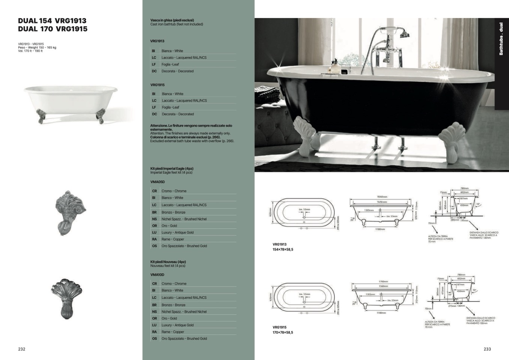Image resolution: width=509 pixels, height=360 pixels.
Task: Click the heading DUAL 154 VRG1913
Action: [x=52, y=21]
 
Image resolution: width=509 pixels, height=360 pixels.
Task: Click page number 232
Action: [x=22, y=349]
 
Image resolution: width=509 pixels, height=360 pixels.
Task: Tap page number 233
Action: [x=487, y=349]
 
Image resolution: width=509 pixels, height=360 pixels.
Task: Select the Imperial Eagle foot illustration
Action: [x=70, y=212]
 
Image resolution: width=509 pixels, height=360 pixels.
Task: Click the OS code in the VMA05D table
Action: [x=154, y=246]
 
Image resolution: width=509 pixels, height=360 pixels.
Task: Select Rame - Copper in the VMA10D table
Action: [x=173, y=332]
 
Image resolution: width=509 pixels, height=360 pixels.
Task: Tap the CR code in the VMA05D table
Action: [x=154, y=191]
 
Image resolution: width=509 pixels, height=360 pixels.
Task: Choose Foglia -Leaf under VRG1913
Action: [x=170, y=65]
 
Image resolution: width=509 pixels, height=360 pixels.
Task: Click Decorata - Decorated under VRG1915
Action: [x=178, y=114]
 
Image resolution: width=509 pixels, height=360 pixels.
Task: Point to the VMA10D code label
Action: [x=157, y=275]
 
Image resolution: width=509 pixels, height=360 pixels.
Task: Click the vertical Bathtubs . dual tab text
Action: [x=501, y=39]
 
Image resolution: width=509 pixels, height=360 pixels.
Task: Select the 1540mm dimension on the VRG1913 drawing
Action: [x=382, y=197]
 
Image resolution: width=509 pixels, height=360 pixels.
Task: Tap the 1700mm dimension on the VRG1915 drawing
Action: [x=383, y=282]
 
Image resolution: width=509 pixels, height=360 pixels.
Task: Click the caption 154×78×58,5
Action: [x=283, y=249]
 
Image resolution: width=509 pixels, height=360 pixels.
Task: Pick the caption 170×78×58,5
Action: [x=283, y=332]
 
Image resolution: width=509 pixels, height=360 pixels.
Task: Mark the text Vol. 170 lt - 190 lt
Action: [x=30, y=51]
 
